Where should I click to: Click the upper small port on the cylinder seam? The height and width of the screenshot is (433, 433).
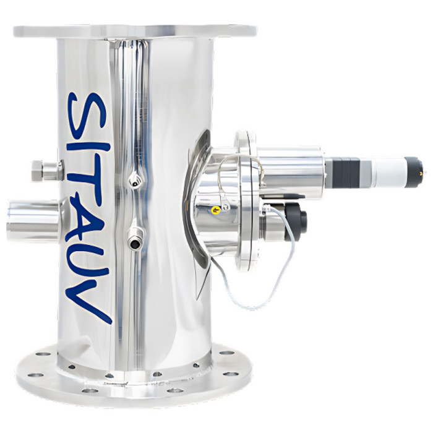pos(134,181)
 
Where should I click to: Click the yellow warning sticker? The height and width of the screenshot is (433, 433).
pos(215,211)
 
